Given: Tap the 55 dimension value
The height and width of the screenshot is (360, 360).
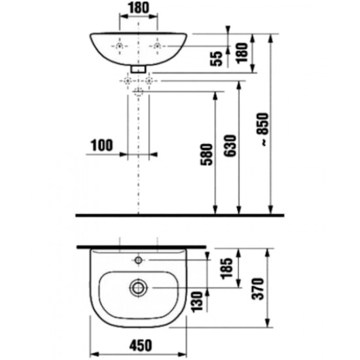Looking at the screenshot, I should [217, 58].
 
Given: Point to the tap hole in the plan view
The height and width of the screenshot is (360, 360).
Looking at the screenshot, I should [138, 260].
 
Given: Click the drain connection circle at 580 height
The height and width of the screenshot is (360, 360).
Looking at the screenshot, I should [139, 92].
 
